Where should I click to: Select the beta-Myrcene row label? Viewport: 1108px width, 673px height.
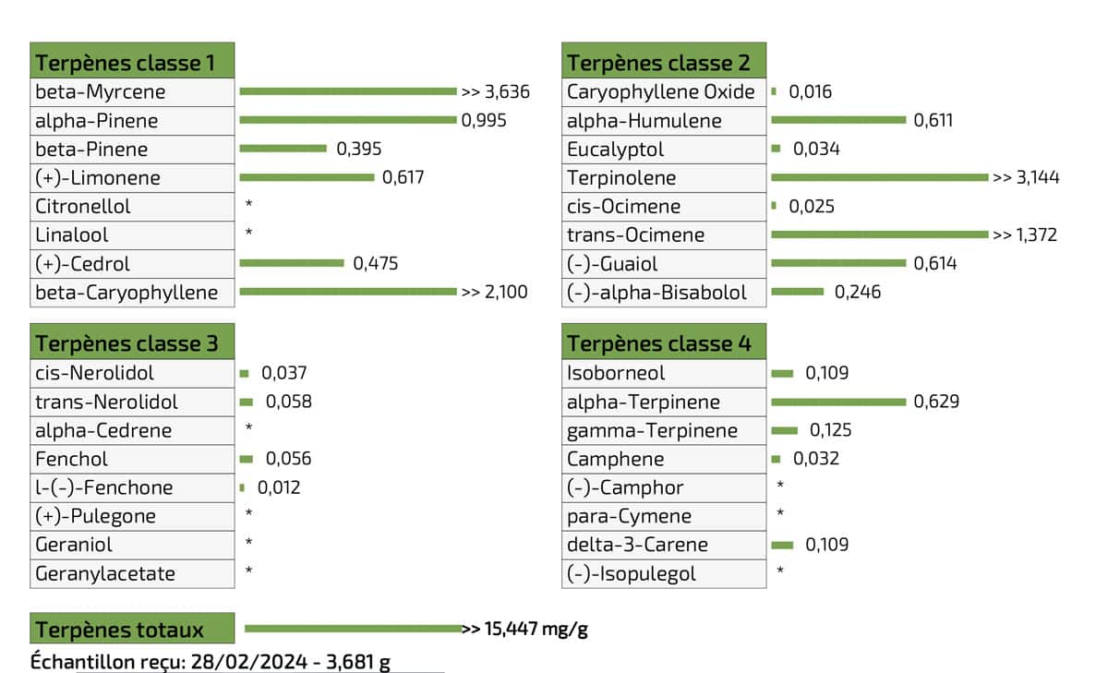pos(101,91)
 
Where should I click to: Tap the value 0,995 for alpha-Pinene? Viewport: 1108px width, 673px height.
pos(484,120)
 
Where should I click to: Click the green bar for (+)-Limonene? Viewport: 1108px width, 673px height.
pos(307,177)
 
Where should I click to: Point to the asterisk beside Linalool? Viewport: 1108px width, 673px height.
pos(249,234)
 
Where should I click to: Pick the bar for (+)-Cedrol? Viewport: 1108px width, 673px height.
pos(291,263)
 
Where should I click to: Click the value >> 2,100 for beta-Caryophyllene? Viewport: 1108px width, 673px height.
pos(495,292)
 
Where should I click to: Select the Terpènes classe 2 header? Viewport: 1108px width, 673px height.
pos(664,63)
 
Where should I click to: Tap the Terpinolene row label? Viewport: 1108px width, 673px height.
pos(621,177)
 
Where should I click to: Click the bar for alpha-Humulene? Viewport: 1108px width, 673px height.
pos(838,120)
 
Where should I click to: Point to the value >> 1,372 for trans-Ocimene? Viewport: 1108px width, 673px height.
pos(1025,234)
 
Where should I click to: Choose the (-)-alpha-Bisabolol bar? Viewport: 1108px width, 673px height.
pos(797,292)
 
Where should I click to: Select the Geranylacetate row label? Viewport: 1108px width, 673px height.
pos(104,573)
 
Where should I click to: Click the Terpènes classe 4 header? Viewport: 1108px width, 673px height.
pos(664,343)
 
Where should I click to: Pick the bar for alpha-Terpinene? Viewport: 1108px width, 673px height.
pos(838,402)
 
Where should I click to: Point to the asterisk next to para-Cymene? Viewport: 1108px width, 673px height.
pos(781,516)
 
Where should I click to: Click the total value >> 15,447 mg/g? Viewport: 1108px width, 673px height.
pos(525,630)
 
